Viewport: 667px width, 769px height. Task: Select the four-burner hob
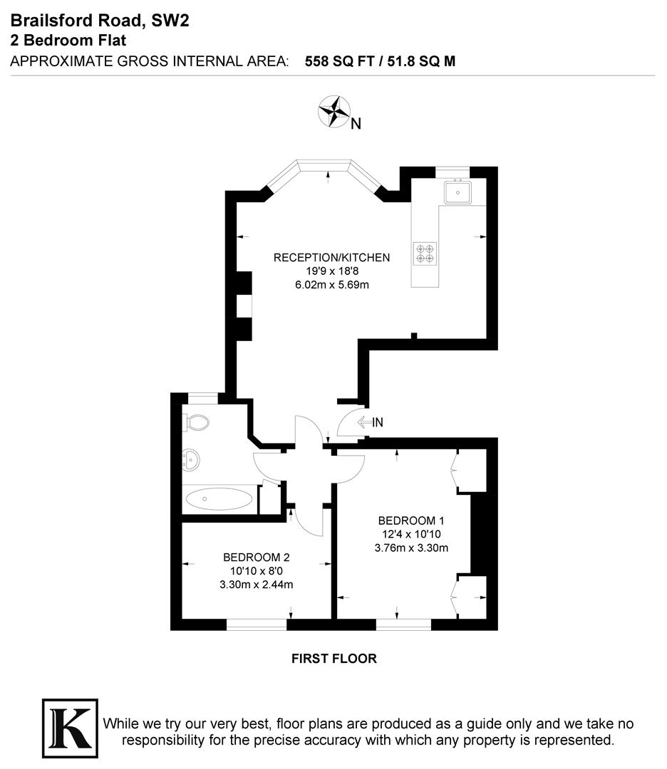tap(425, 253)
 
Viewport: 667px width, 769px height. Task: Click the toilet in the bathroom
tap(196, 423)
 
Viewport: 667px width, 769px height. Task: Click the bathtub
tap(219, 498)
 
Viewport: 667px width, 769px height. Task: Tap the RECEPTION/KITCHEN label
tap(331, 257)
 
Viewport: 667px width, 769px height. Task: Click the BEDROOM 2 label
tap(256, 557)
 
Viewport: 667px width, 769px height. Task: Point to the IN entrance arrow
tap(370, 422)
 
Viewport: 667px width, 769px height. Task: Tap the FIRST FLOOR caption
tap(333, 659)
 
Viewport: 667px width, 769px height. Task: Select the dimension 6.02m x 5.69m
tap(331, 285)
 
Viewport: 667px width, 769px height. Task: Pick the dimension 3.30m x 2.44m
tap(256, 585)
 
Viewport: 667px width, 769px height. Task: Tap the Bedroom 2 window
tap(257, 624)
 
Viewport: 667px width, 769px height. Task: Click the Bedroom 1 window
tap(403, 624)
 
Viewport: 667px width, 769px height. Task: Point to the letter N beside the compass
tap(356, 124)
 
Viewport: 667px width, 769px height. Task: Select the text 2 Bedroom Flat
tap(68, 41)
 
